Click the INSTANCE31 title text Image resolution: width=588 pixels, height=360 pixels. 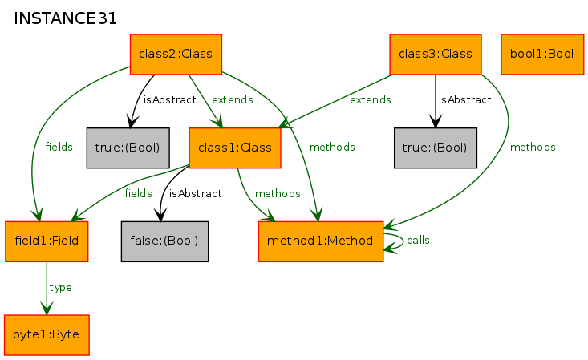pyautogui.click(x=65, y=18)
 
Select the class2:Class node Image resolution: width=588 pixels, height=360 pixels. pyautogui.click(x=176, y=55)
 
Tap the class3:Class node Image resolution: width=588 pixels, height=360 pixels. pyautogui.click(x=436, y=55)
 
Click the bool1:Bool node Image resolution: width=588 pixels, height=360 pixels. pyautogui.click(x=542, y=55)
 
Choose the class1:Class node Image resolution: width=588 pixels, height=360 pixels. pyautogui.click(x=235, y=148)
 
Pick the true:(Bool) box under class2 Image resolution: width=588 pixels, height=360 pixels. pyautogui.click(x=128, y=148)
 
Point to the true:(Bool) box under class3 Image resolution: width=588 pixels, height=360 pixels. pyautogui.click(x=436, y=148)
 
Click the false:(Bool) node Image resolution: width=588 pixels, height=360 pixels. pyautogui.click(x=164, y=241)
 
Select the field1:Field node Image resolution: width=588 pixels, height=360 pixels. pyautogui.click(x=47, y=241)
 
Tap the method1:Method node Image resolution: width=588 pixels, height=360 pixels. pyautogui.click(x=321, y=241)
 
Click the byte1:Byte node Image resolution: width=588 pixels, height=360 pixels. pyautogui.click(x=47, y=335)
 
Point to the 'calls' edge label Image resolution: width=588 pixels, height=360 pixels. pyautogui.click(x=418, y=241)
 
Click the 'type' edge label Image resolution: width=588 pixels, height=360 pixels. pyautogui.click(x=60, y=288)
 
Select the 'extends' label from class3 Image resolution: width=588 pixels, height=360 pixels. pyautogui.click(x=371, y=99)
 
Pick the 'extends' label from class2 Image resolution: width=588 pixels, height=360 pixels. pyautogui.click(x=233, y=99)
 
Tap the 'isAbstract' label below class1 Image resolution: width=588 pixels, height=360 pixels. pyautogui.click(x=196, y=193)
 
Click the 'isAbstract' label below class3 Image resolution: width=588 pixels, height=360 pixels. pyautogui.click(x=465, y=99)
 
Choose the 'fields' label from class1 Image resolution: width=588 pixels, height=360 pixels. pyautogui.click(x=138, y=193)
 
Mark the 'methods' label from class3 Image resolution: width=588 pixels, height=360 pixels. pyautogui.click(x=533, y=147)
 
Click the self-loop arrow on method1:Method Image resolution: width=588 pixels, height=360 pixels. pyautogui.click(x=403, y=241)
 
